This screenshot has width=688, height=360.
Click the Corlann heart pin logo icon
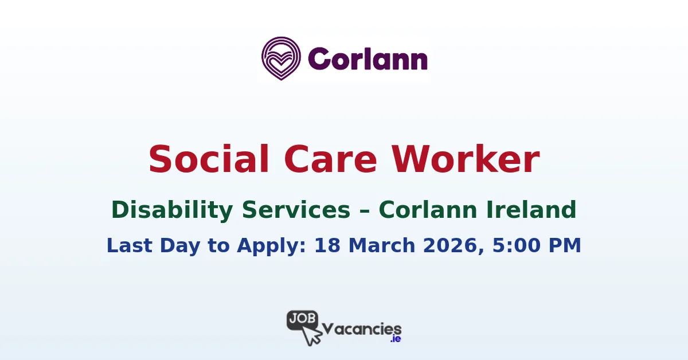(282, 58)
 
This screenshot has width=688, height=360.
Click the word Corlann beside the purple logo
(368, 59)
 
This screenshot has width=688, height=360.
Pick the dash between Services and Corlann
(365, 211)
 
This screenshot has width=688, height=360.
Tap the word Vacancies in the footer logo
(362, 328)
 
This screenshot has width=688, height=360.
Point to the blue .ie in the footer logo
(395, 339)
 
